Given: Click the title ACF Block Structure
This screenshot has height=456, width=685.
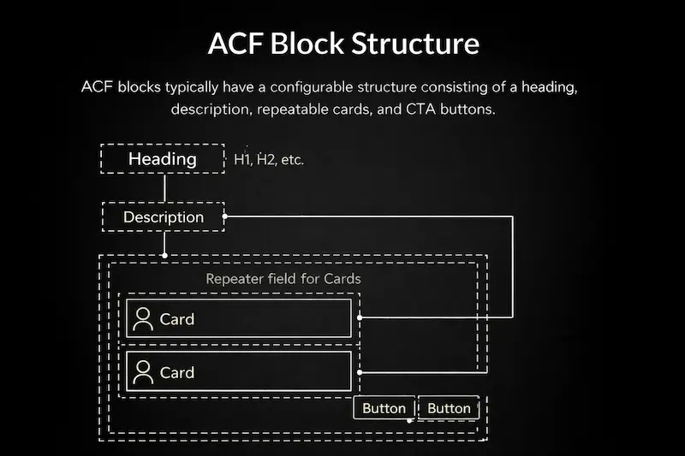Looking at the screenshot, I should [343, 44].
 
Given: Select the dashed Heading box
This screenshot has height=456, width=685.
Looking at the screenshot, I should [163, 159].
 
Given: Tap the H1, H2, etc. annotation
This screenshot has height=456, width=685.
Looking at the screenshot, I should [269, 160].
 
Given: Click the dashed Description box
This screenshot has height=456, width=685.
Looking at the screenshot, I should [164, 217].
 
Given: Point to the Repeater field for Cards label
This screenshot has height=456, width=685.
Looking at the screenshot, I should [283, 279].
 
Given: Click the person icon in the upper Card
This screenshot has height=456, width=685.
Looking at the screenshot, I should [143, 318].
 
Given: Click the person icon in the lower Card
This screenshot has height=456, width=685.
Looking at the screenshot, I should [143, 371].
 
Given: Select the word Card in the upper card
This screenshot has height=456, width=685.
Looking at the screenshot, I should [177, 319].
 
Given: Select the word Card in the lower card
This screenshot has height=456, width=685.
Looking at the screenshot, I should [177, 372].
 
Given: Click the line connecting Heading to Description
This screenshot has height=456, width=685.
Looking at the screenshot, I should [164, 188].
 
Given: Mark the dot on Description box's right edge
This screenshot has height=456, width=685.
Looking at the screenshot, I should [225, 216].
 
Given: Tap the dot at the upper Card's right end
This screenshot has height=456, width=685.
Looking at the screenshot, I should [360, 317].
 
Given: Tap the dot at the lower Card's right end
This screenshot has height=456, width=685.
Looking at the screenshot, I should [360, 372].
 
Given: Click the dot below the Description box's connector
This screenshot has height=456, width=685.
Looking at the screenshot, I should [164, 255].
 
